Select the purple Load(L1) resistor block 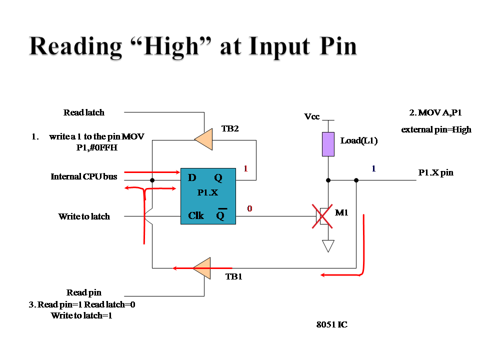328,144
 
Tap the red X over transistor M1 322,216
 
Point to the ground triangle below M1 328,245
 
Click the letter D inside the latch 192,177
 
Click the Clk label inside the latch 196,216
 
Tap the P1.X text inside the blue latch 207,192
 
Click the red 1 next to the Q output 246,168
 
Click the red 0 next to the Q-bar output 250,208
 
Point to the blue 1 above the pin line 374,168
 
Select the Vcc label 312,116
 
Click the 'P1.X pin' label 436,172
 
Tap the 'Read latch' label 84,112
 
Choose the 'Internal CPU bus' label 84,176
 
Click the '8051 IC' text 332,324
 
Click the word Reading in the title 75,47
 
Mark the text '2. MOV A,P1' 435,112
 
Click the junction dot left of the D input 152,180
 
